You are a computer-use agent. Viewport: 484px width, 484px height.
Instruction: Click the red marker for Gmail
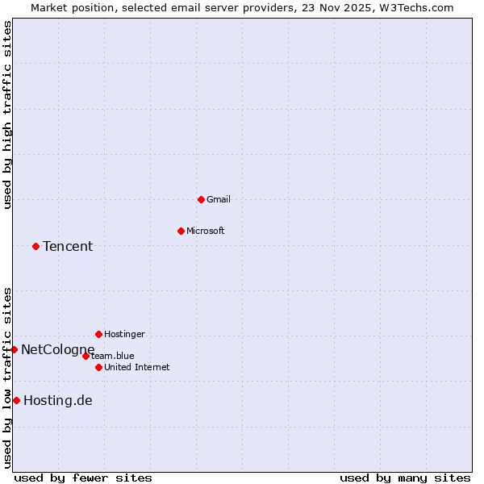pyautogui.click(x=201, y=199)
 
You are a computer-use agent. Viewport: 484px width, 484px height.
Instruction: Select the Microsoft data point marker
pyautogui.click(x=181, y=231)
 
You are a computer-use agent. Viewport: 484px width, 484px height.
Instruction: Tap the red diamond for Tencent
pyautogui.click(x=35, y=246)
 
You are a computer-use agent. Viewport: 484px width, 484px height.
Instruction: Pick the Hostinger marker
pyautogui.click(x=98, y=334)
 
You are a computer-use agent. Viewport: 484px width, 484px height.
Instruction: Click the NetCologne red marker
pyautogui.click(x=14, y=349)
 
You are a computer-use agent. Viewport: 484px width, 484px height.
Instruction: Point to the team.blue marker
pyautogui.click(x=86, y=356)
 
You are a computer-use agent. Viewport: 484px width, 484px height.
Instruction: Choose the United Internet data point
pyautogui.click(x=98, y=367)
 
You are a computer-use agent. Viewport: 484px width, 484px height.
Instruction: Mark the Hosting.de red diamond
pyautogui.click(x=16, y=400)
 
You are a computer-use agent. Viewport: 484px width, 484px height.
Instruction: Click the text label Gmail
pyautogui.click(x=219, y=199)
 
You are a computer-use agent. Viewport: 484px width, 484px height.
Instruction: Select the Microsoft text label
pyautogui.click(x=206, y=231)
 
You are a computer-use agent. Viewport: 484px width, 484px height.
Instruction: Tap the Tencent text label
pyautogui.click(x=68, y=246)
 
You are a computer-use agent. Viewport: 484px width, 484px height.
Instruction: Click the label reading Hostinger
pyautogui.click(x=124, y=334)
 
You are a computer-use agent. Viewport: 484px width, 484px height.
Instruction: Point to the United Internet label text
pyautogui.click(x=136, y=367)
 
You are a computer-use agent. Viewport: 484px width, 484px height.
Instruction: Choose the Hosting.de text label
pyautogui.click(x=58, y=400)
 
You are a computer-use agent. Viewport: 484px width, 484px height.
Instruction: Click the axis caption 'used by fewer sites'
pyautogui.click(x=83, y=478)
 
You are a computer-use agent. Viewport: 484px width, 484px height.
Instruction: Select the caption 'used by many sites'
pyautogui.click(x=405, y=478)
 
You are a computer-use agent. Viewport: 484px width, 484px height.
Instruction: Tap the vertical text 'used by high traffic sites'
pyautogui.click(x=7, y=115)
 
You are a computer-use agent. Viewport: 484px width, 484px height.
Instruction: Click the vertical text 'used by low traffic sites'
pyautogui.click(x=7, y=378)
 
